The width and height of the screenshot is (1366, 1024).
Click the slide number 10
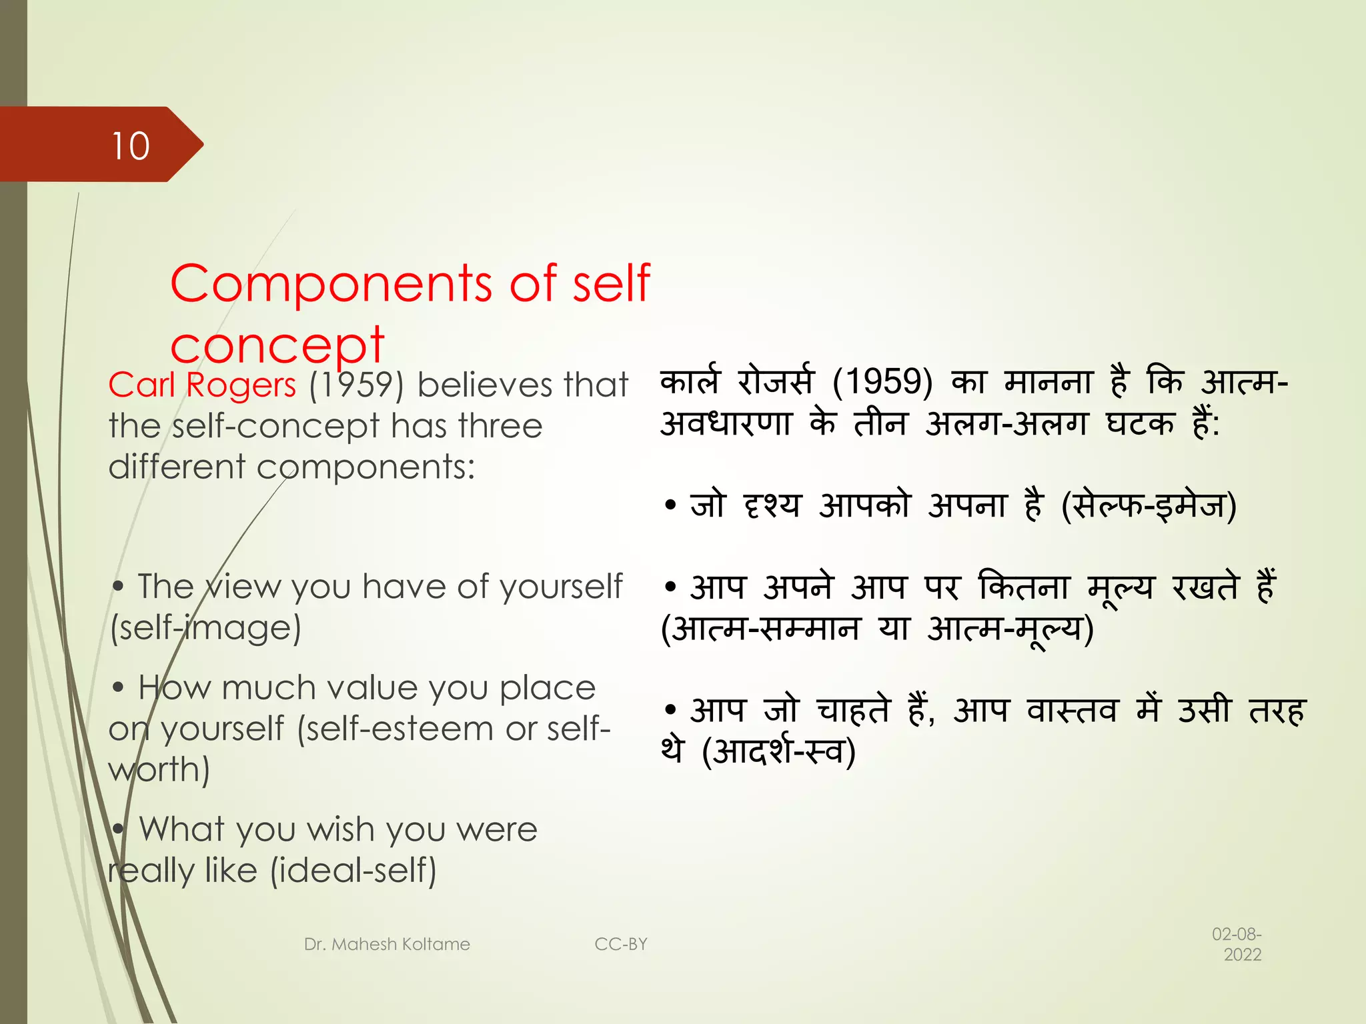pos(131,145)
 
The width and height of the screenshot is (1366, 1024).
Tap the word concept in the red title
pos(277,345)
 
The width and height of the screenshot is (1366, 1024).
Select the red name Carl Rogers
pos(202,385)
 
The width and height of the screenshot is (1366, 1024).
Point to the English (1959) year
pos(356,385)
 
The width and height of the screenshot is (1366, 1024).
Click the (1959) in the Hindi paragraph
pos(882,382)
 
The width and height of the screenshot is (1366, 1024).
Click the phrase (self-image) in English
pos(205,627)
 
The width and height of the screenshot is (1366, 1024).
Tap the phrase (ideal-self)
pos(353,870)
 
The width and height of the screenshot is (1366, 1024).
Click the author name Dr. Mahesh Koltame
pos(387,944)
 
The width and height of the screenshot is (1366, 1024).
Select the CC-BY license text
pos(620,944)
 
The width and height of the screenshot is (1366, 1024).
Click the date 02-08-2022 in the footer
pos(1237,944)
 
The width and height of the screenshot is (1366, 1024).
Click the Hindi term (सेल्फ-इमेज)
pos(1149,505)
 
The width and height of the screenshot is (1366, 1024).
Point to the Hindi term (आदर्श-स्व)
pos(778,751)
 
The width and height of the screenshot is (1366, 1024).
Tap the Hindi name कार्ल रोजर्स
pos(736,382)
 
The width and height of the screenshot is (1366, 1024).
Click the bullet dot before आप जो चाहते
pos(670,709)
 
